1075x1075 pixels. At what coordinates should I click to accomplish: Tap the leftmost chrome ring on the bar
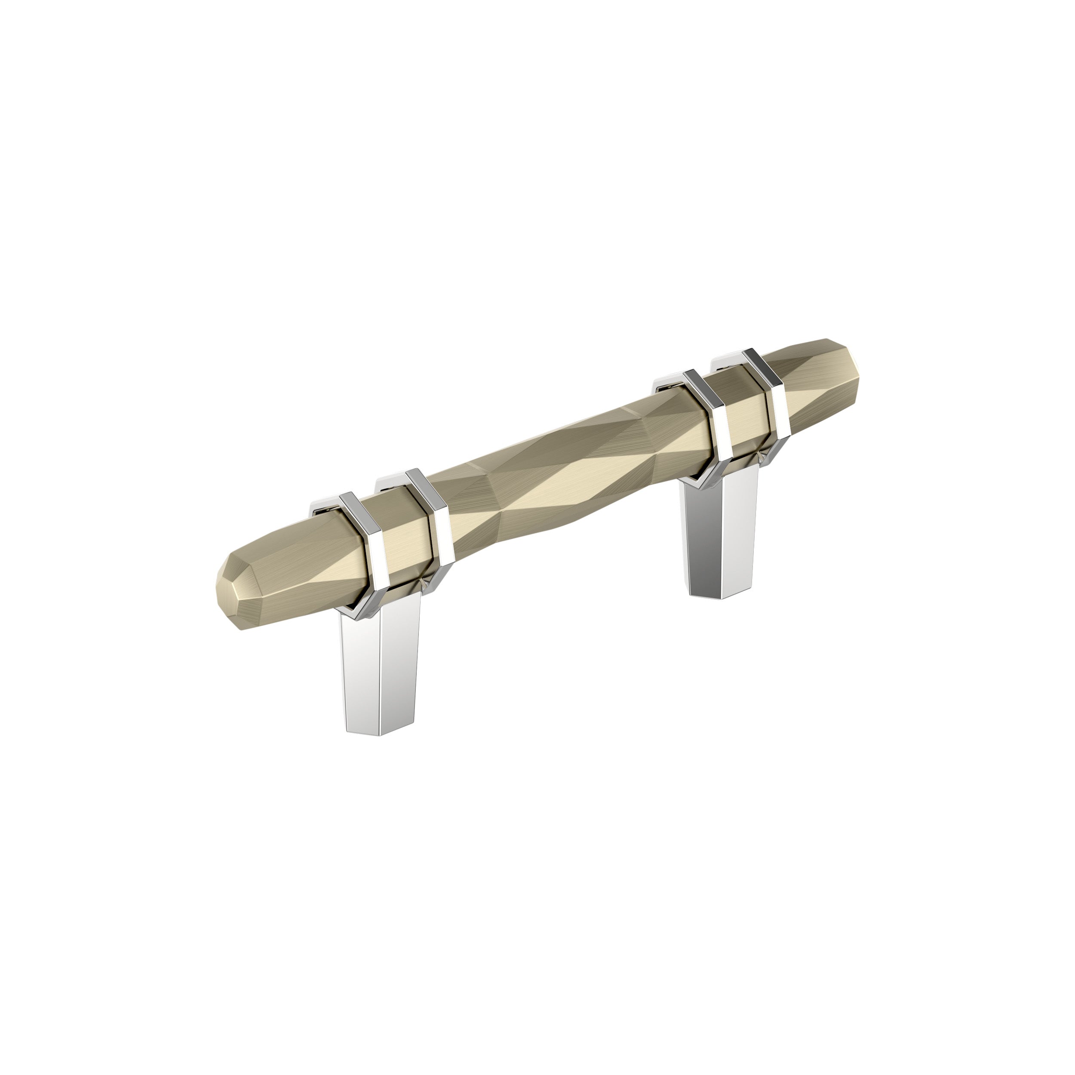pyautogui.click(x=365, y=551)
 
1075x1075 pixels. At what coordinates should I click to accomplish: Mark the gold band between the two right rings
pyautogui.click(x=746, y=412)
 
